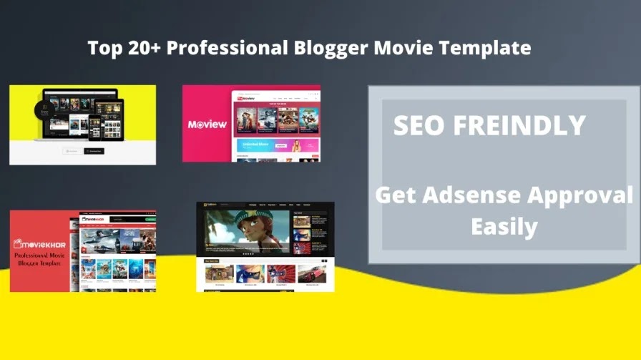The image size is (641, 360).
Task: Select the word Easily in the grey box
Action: pyautogui.click(x=504, y=227)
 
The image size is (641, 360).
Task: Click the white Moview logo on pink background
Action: pyautogui.click(x=207, y=124)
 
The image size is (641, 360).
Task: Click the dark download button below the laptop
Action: pyautogui.click(x=94, y=151)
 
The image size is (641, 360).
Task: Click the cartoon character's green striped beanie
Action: pyautogui.click(x=253, y=215)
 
